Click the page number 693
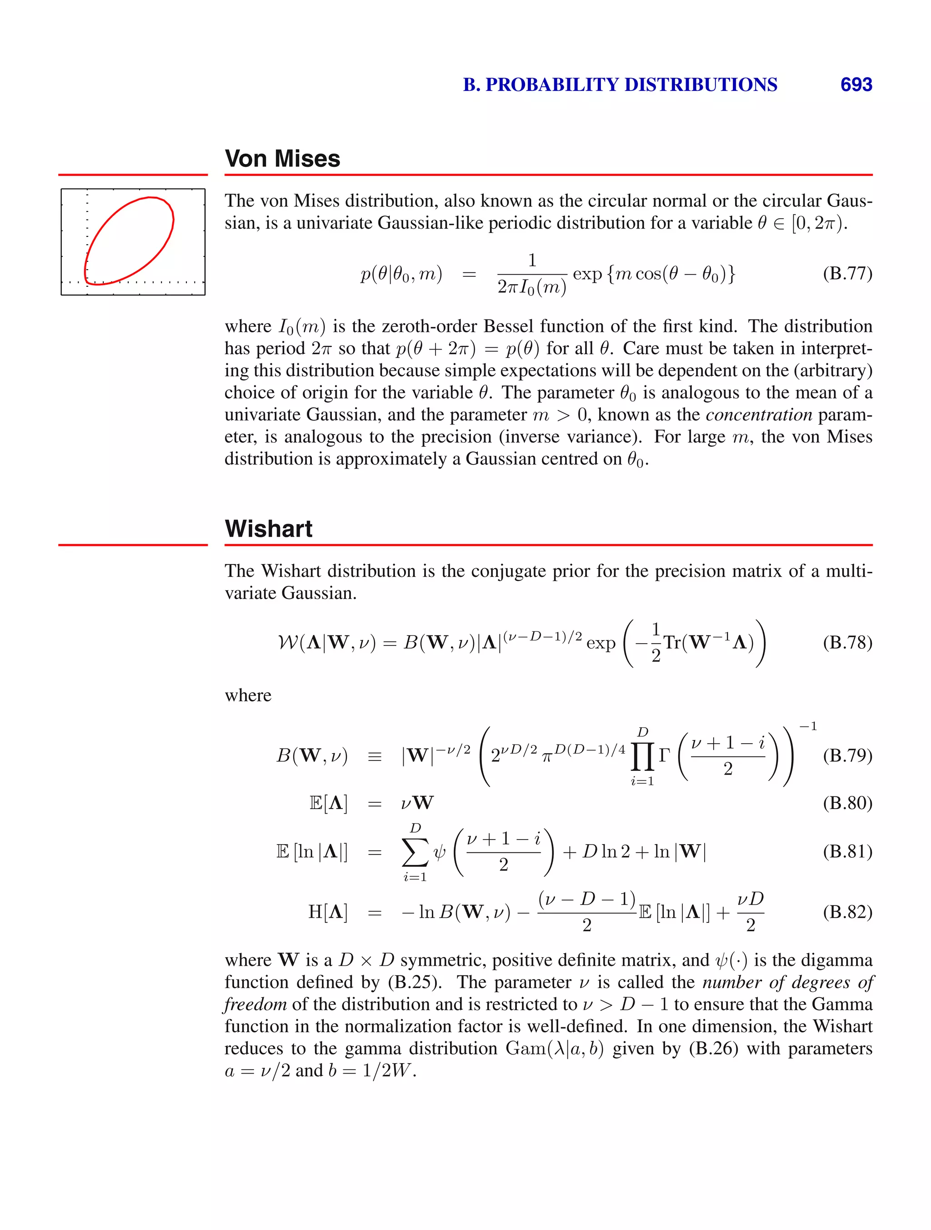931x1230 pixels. coord(856,85)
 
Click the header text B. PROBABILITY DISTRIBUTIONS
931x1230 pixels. coord(620,85)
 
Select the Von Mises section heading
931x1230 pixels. coord(282,159)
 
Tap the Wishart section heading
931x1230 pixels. coord(269,528)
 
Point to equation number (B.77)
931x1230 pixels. coord(847,274)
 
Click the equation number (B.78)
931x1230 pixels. coord(847,643)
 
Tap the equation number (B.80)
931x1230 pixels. coord(847,803)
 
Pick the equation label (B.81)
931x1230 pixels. coord(847,851)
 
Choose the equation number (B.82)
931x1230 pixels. coord(847,912)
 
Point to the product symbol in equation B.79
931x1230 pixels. coord(642,756)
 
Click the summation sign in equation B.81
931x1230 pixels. coord(415,852)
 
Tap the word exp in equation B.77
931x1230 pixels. coord(587,274)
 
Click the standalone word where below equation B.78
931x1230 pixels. coord(248,695)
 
